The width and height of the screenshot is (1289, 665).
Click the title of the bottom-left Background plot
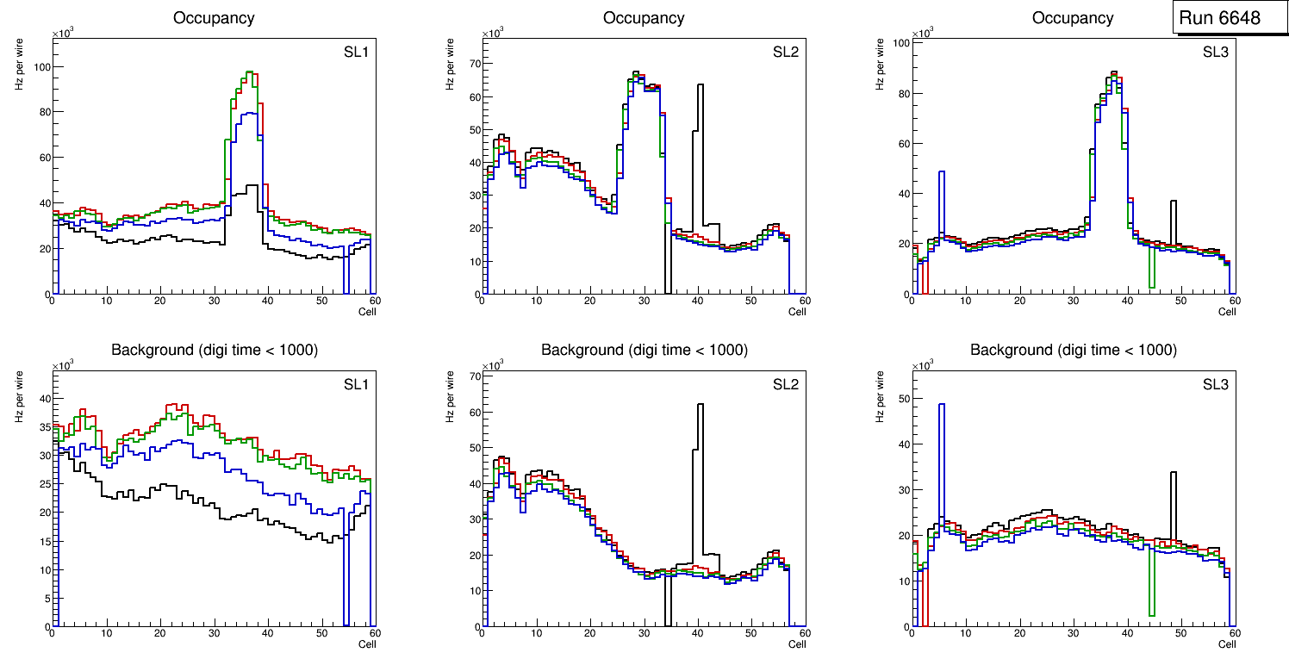[215, 350]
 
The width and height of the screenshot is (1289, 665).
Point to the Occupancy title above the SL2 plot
[644, 18]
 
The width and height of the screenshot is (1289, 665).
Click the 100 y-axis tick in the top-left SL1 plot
[38, 67]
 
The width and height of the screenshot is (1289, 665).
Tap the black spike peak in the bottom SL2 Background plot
[701, 404]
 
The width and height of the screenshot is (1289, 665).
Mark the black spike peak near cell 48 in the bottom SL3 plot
[1173, 472]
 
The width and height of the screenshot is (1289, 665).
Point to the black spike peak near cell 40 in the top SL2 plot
[701, 84]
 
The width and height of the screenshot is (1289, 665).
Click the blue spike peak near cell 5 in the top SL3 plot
[942, 171]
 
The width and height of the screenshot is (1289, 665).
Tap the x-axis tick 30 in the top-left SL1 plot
[214, 301]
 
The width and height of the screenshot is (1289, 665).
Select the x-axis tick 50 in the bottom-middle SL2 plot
[750, 634]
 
